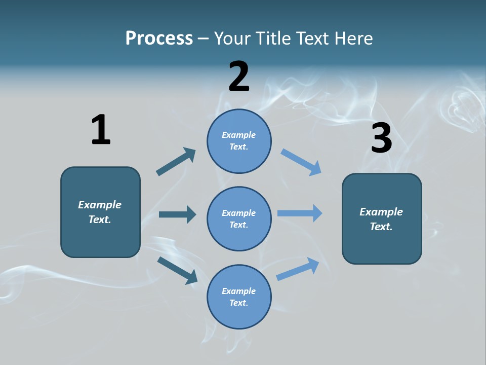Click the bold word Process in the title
(x=159, y=38)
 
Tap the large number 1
(x=101, y=130)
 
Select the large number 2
(x=239, y=77)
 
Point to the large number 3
(x=381, y=138)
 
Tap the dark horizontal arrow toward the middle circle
(x=177, y=214)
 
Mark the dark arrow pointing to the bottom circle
(x=178, y=270)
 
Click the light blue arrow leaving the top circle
(x=301, y=162)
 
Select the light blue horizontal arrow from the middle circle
(x=299, y=213)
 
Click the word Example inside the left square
(x=100, y=205)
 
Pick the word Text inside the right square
(x=381, y=227)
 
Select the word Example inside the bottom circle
(x=238, y=291)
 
